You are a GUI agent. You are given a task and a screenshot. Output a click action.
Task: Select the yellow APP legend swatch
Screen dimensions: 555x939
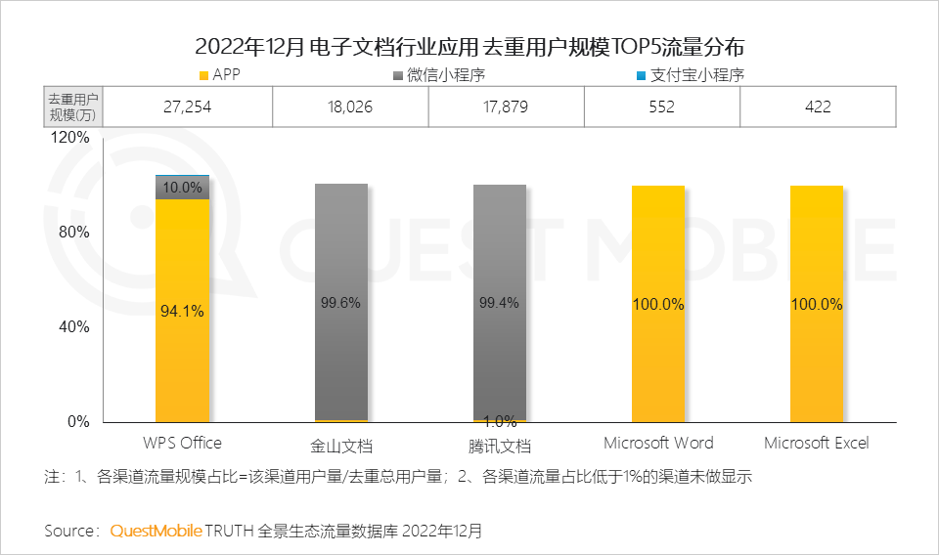click(202, 75)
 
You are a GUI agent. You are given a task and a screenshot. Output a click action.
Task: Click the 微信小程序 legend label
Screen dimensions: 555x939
click(452, 75)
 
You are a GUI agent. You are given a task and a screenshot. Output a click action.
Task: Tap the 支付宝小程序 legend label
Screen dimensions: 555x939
click(700, 75)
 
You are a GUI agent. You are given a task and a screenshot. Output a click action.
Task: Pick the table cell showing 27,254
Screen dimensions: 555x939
click(186, 107)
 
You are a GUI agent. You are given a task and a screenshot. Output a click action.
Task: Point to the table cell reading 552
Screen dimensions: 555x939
click(661, 107)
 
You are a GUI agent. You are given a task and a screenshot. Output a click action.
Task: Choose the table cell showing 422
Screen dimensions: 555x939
click(818, 107)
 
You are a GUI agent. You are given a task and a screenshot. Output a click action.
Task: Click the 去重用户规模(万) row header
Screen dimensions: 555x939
click(74, 107)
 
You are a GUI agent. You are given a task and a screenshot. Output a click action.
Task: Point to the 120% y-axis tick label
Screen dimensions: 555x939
click(70, 138)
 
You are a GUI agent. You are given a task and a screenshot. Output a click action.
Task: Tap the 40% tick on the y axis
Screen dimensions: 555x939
click(74, 327)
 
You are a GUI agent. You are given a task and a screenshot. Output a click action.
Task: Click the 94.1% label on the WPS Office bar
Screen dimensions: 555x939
click(182, 312)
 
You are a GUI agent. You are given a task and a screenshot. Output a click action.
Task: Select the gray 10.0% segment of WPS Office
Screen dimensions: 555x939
click(183, 187)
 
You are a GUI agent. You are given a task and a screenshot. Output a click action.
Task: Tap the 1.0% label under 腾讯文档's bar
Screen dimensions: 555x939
click(499, 421)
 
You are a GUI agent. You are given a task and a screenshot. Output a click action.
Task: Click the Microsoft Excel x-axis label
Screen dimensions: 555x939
click(816, 444)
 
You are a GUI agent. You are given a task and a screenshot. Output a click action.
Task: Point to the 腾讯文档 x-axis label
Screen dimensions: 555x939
click(499, 446)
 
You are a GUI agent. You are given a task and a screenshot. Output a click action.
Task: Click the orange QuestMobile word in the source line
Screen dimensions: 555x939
click(156, 532)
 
